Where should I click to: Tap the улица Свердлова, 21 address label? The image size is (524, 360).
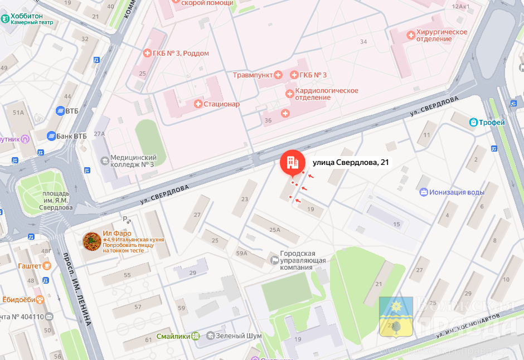(x=351, y=162)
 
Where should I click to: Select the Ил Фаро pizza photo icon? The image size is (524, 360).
(x=91, y=241)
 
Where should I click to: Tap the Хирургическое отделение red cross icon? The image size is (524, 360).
(x=411, y=35)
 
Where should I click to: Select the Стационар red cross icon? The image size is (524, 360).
(x=197, y=104)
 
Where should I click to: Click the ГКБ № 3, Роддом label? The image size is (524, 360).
(x=181, y=53)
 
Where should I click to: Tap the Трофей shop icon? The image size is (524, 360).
(x=473, y=123)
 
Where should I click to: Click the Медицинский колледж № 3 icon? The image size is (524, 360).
(x=104, y=161)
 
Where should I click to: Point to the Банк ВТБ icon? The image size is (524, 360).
(x=51, y=135)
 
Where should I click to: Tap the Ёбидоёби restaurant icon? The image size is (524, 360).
(x=40, y=299)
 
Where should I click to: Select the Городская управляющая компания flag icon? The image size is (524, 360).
(x=274, y=260)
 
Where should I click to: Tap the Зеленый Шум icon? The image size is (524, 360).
(x=210, y=336)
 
